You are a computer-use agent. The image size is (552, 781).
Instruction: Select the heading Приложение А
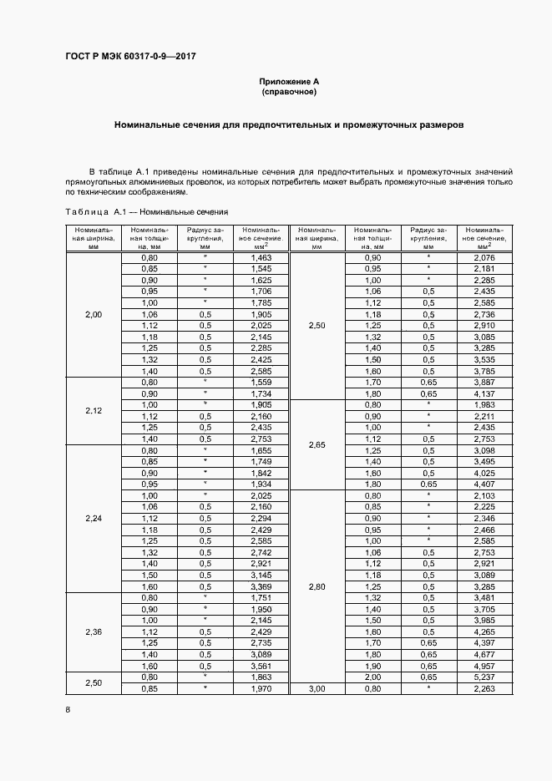(290, 82)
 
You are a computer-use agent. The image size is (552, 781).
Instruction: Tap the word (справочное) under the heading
(290, 92)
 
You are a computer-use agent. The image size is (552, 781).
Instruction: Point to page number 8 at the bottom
(68, 709)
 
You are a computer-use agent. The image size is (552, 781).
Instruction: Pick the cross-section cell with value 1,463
(261, 258)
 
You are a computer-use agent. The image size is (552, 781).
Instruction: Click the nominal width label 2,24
(94, 518)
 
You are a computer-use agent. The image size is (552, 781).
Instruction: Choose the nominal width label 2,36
(94, 631)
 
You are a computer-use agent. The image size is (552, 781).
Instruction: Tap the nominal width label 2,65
(317, 445)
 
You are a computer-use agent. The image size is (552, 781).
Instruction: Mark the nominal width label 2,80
(317, 586)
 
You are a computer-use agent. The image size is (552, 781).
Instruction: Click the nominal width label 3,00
(317, 688)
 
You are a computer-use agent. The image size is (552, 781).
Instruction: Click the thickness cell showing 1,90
(372, 666)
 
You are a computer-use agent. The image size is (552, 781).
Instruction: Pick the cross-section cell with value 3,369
(261, 586)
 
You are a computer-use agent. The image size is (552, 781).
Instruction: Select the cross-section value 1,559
(261, 383)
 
